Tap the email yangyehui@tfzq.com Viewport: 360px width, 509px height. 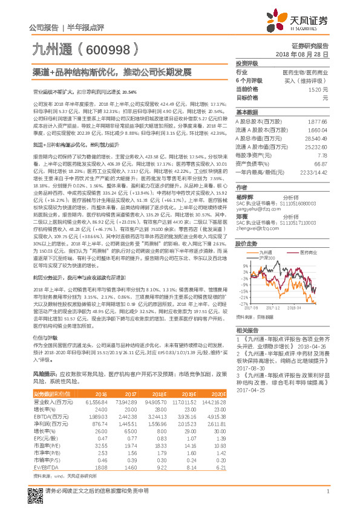(256, 204)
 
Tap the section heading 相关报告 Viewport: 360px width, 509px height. (247, 331)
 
